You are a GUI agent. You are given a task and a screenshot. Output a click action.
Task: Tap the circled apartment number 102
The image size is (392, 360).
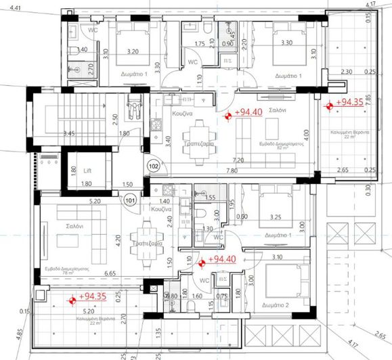click(154, 164)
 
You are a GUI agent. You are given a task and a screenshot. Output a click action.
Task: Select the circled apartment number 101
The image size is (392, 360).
click(129, 200)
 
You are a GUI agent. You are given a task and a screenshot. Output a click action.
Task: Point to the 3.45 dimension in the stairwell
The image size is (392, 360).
click(68, 134)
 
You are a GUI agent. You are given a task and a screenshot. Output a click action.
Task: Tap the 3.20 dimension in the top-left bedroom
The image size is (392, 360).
click(132, 51)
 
